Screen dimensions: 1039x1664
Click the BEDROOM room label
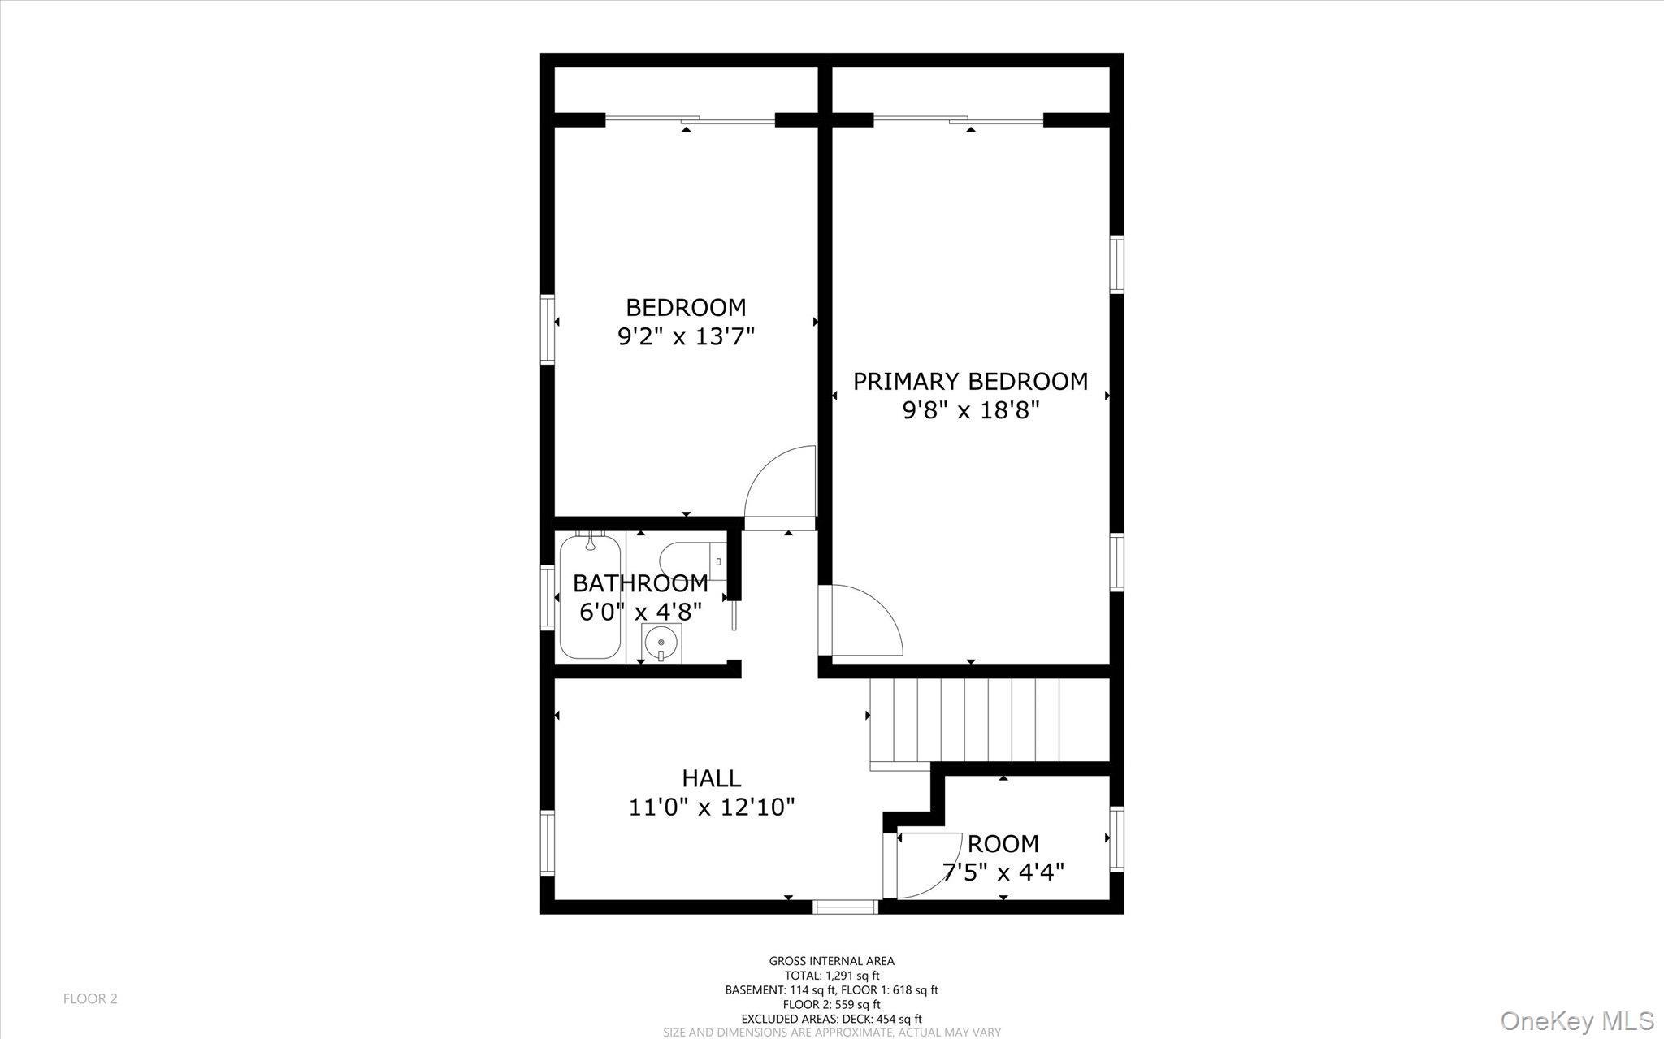[686, 308]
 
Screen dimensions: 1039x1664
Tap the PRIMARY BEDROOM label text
[970, 382]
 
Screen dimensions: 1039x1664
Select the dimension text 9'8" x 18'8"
[971, 410]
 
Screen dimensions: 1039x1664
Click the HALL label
[711, 778]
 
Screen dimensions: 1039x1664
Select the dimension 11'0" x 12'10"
[711, 807]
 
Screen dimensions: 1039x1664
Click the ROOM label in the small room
[1003, 843]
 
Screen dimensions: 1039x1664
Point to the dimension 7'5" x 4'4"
[1003, 872]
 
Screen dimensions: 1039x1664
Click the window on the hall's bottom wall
[846, 906]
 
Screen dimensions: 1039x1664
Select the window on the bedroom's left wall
[548, 328]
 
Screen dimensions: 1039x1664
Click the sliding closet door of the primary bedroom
[959, 120]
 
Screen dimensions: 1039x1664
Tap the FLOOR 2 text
[90, 998]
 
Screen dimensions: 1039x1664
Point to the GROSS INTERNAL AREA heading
[831, 961]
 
